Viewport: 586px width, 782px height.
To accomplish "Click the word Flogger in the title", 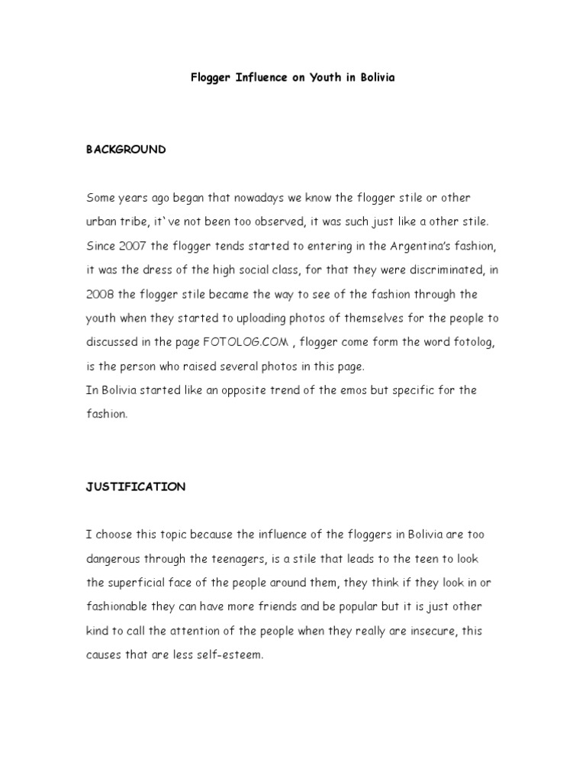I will [x=211, y=79].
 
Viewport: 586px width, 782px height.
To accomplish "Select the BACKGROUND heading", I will [x=126, y=150].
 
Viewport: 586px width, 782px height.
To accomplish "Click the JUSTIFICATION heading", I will [x=135, y=486].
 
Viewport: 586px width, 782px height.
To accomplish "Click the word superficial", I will [x=137, y=583].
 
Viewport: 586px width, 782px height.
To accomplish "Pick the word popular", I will [x=376, y=606].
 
